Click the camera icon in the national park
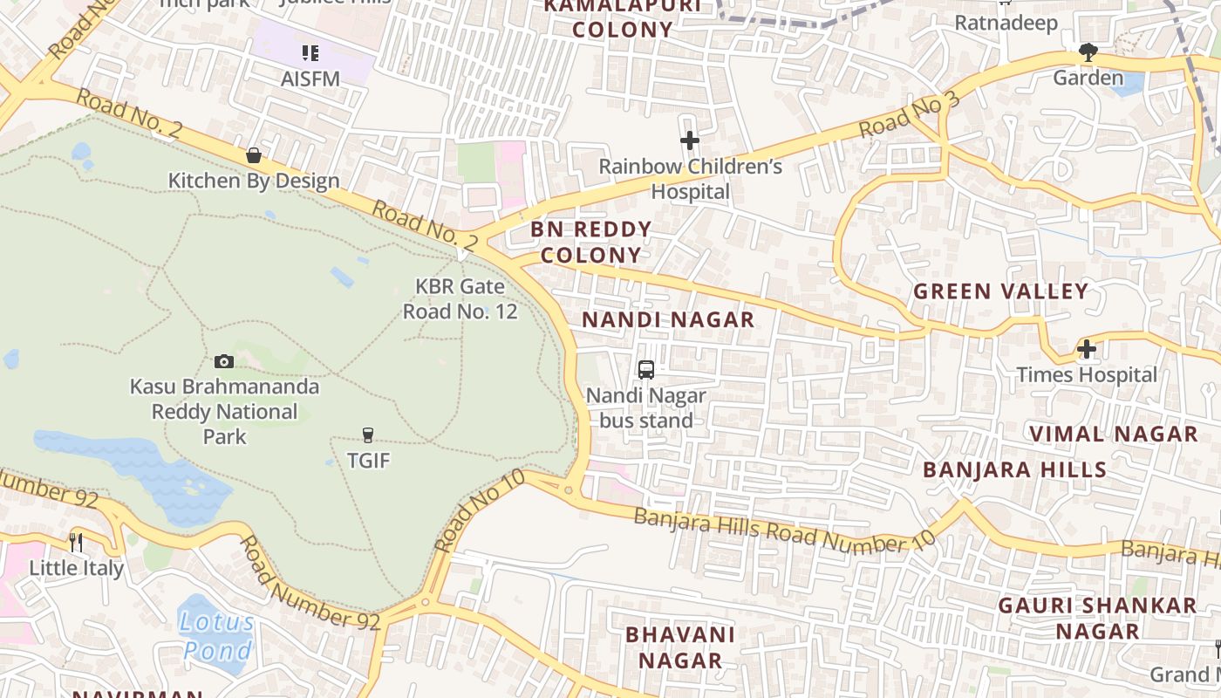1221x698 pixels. pos(224,361)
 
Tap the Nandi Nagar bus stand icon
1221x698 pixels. pos(646,370)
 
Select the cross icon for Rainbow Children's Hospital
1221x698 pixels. pos(690,140)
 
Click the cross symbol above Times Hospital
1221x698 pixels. pos(1087,350)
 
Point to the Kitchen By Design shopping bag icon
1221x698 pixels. pos(254,155)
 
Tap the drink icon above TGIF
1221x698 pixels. pos(368,435)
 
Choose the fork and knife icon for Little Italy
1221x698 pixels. pos(76,543)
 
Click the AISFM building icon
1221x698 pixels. pos(310,54)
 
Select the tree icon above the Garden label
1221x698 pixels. pos(1088,52)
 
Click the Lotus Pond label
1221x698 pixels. pos(218,636)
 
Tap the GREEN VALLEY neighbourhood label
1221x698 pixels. pos(1001,291)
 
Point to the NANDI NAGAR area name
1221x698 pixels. pos(668,320)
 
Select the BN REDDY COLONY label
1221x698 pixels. pos(591,243)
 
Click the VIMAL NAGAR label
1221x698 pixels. pos(1114,434)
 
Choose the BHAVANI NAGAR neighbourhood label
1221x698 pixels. pos(680,647)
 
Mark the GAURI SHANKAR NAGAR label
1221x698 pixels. pos(1097,618)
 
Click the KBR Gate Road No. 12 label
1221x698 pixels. pos(460,298)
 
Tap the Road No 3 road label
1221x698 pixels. pos(909,115)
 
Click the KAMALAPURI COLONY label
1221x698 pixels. pos(623,17)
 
